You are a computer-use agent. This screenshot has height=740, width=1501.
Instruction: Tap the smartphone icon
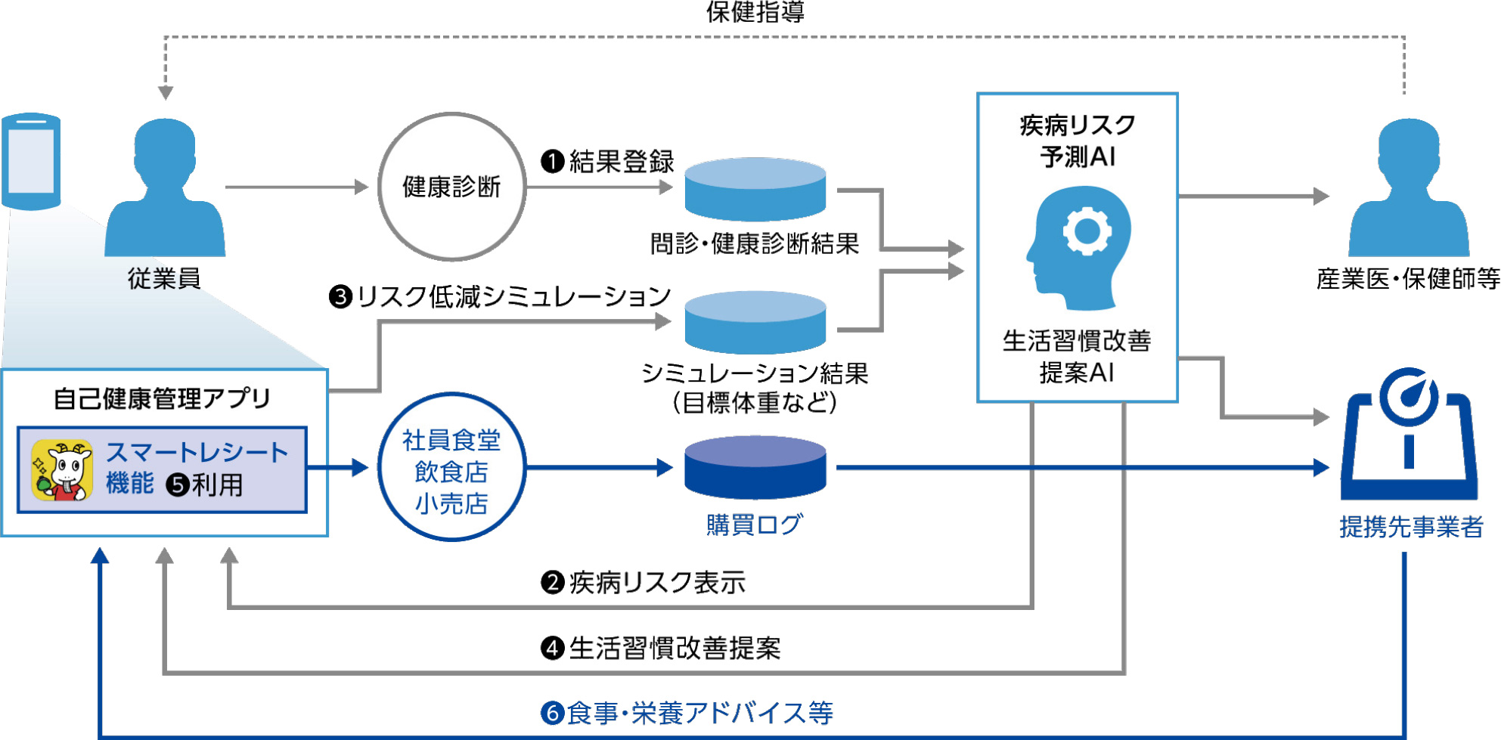point(31,161)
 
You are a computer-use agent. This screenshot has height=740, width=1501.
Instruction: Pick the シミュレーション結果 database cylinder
point(755,323)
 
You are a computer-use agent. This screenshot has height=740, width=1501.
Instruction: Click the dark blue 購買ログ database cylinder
point(755,467)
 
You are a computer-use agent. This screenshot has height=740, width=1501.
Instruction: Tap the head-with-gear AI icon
point(1078,248)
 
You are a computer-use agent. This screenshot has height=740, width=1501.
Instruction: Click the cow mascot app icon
point(62,470)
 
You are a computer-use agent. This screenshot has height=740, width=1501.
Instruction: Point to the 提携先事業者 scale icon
point(1409,434)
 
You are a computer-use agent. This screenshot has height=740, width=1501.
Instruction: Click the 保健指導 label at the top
point(755,11)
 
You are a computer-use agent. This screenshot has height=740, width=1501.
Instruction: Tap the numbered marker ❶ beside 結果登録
point(553,161)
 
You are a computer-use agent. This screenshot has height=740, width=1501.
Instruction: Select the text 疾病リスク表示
point(657,582)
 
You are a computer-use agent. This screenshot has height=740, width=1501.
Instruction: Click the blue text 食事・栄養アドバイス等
point(699,713)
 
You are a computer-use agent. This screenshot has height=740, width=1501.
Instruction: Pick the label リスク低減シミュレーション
point(513,296)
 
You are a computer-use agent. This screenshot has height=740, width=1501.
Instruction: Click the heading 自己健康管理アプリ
point(162,398)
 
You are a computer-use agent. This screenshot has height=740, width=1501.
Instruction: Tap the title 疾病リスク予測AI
point(1078,141)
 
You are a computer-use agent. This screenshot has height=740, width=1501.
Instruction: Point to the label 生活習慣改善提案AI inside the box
point(1078,356)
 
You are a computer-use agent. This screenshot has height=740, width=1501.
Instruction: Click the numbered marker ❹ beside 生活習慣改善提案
point(553,648)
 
